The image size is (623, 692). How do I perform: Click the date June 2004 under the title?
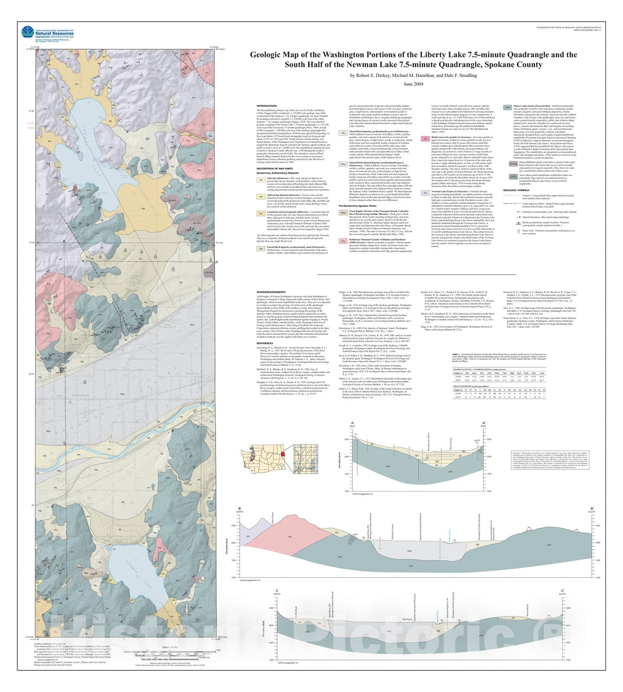(413, 84)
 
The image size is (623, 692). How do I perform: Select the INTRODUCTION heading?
(266, 106)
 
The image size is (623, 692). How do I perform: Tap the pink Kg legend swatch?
(426, 139)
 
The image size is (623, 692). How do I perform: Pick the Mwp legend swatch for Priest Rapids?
(343, 213)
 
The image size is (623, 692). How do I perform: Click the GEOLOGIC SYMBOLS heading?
(516, 190)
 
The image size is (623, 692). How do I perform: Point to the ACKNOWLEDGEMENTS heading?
(271, 292)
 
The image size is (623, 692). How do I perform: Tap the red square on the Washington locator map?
(283, 454)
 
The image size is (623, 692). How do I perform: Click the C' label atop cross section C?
(562, 591)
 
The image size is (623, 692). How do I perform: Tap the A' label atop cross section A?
(484, 423)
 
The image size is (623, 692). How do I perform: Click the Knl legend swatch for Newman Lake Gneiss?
(426, 193)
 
